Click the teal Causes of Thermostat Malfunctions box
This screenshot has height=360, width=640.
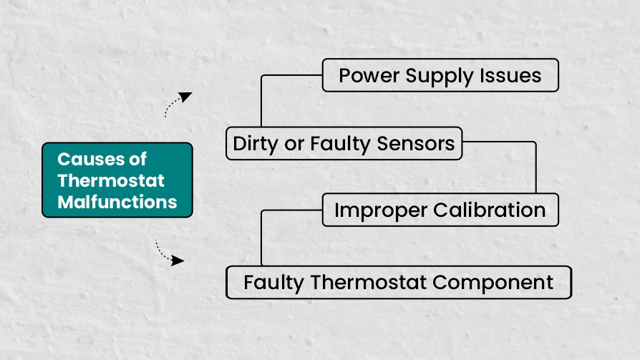click(117, 180)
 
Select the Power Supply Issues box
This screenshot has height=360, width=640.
click(440, 75)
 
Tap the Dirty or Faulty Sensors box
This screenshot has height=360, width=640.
click(344, 144)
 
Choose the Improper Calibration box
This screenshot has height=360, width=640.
click(440, 210)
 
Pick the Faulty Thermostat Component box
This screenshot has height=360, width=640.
click(398, 282)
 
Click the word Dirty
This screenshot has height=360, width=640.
click(256, 144)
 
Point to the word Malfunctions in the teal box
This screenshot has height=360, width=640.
click(117, 201)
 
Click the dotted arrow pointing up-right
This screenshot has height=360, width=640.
click(177, 103)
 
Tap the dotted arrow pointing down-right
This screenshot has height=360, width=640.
click(170, 255)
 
